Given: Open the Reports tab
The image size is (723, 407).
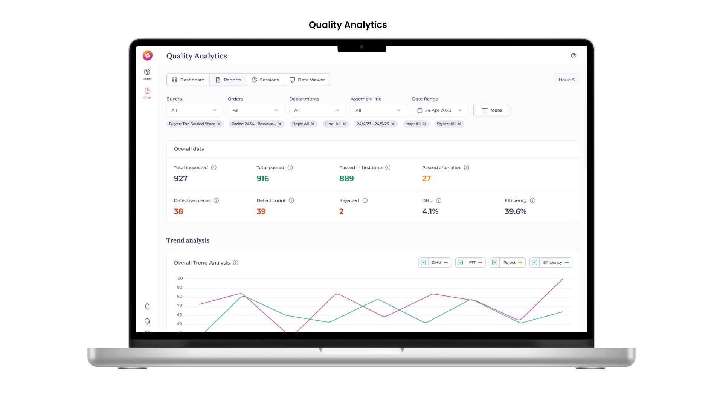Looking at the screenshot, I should [228, 80].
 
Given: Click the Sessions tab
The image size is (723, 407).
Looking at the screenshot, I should [265, 80].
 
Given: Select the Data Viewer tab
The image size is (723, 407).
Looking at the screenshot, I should [307, 80].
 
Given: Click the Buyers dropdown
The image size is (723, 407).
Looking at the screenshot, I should [194, 110].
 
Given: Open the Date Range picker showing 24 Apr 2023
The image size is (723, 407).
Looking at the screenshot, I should [440, 110].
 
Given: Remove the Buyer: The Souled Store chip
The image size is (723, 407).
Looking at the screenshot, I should [219, 124].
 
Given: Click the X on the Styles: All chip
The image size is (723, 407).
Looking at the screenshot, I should [459, 124].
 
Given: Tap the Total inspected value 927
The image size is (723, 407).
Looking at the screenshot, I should [181, 179].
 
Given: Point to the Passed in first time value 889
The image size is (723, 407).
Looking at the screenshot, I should [346, 179].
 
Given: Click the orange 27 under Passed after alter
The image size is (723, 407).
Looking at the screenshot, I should [426, 179].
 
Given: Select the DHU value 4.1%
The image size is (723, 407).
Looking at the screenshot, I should [430, 211].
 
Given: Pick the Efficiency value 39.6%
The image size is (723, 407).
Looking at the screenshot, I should [516, 211].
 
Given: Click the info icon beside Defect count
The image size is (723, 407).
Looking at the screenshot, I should [291, 200].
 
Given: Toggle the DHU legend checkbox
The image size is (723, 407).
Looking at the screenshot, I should [423, 263].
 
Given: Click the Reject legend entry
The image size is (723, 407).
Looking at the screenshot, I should [509, 263].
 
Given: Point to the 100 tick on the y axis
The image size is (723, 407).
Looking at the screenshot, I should [180, 278].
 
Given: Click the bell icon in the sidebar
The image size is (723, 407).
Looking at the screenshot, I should [147, 306].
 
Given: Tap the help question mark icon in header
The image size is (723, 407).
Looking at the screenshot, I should [574, 56].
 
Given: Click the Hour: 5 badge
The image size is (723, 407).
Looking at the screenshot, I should [566, 80].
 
